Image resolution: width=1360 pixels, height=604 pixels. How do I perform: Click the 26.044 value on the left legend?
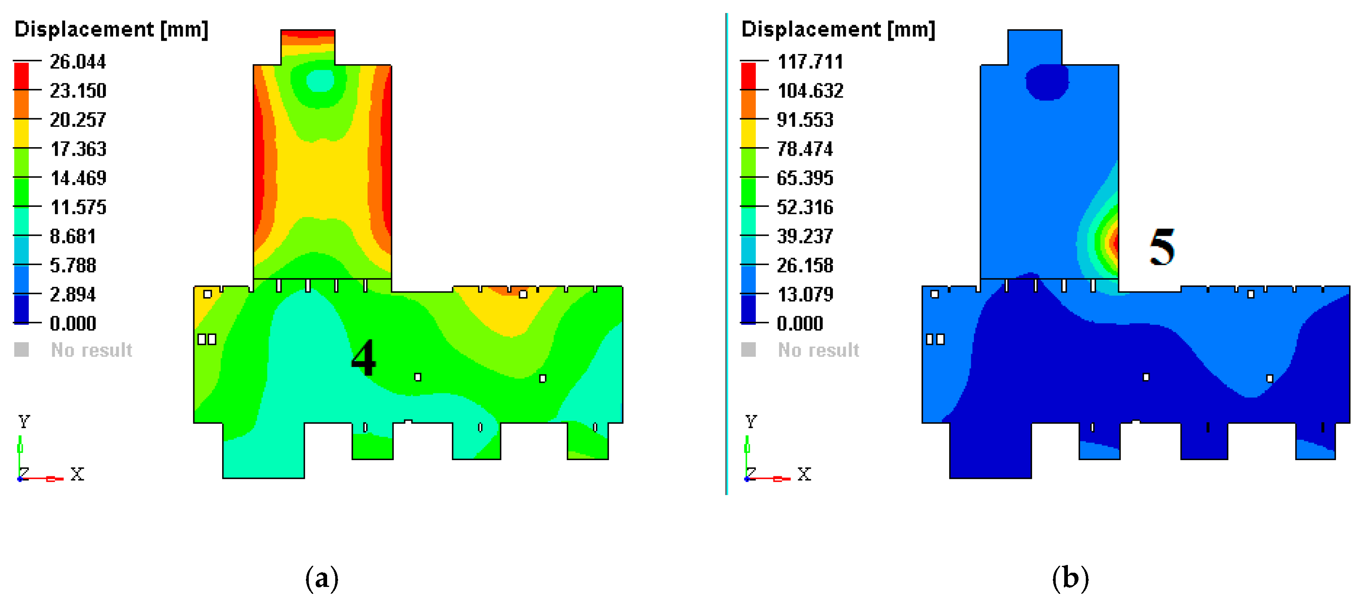point(78,62)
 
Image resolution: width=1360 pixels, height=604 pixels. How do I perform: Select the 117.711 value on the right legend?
point(810,62)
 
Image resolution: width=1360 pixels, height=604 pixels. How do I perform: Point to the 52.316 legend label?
point(805,207)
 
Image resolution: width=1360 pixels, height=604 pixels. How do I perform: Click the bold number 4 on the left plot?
point(363,358)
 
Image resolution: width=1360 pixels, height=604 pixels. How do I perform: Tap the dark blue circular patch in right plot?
point(1046,82)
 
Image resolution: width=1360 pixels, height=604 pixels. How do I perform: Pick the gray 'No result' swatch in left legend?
point(22,350)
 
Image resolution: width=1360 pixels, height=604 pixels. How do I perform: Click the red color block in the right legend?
point(748,76)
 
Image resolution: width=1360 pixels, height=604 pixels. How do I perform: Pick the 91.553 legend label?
point(805,120)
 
